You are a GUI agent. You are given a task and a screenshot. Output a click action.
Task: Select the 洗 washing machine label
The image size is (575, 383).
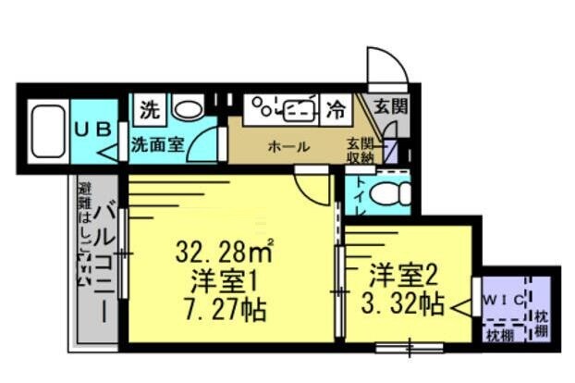(x=149, y=109)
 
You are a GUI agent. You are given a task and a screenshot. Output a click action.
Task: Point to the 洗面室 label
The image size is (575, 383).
(x=157, y=144)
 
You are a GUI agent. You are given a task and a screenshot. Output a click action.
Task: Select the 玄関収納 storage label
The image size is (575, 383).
(x=361, y=151)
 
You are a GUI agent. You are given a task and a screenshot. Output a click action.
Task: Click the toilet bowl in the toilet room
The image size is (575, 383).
(x=394, y=194)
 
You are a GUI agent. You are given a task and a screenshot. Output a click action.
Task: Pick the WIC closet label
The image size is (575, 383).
(x=505, y=300)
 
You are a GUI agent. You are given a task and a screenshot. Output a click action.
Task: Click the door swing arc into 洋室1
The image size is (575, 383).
(x=312, y=190)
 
